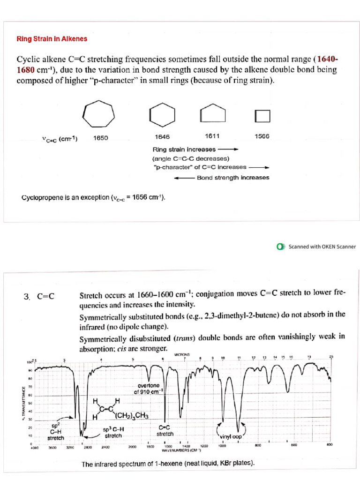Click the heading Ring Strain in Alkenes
52,39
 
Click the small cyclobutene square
262,115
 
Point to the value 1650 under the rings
101,138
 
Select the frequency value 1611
213,136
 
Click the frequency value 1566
262,137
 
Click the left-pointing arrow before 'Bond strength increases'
184,178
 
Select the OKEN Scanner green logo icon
281,247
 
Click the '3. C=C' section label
39,296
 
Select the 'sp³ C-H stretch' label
113,432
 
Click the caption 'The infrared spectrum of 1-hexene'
168,464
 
